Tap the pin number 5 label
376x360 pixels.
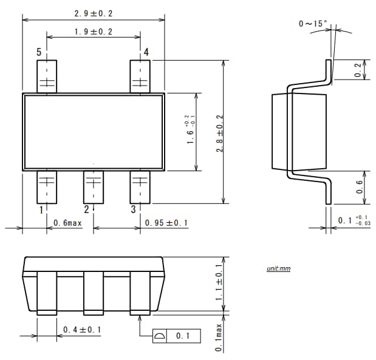[39, 52]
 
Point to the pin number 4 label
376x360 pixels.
[146, 52]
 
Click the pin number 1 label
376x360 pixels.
[41, 209]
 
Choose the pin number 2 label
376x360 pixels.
[86, 209]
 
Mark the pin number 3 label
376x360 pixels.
[133, 209]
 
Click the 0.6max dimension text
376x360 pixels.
[67, 223]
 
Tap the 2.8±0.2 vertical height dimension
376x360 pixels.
[219, 133]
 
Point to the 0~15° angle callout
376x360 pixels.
[313, 24]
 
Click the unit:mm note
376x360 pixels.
[278, 268]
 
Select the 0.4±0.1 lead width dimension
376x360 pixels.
[82, 330]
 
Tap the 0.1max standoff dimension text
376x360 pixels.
[219, 339]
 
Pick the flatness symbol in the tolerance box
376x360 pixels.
[159, 336]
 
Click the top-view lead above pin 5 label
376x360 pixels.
[47, 76]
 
